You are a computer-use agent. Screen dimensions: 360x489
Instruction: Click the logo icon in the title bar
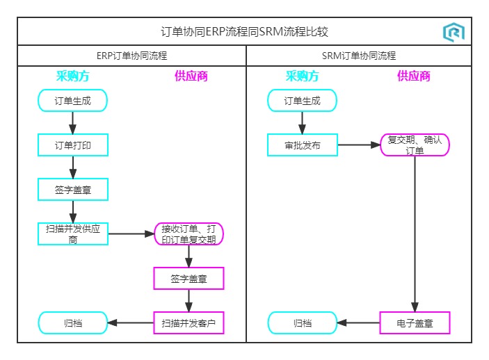point(454,32)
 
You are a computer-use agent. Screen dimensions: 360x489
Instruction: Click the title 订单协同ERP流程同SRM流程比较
point(244,32)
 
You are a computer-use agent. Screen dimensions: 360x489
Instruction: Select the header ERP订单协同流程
point(131,56)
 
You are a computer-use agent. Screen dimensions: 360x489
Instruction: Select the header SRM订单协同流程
point(359,56)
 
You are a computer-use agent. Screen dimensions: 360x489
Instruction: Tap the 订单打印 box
point(73,145)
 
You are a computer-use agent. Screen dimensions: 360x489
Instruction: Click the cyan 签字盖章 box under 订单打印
point(73,189)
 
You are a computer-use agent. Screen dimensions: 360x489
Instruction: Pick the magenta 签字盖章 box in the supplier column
point(189,279)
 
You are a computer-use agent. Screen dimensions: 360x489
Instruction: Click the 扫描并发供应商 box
point(73,234)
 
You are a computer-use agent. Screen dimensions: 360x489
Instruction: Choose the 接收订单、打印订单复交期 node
point(189,234)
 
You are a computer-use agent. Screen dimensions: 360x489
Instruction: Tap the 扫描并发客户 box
point(189,323)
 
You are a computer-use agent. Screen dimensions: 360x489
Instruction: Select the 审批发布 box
point(303,145)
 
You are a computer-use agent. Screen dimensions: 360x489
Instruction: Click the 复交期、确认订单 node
point(415,145)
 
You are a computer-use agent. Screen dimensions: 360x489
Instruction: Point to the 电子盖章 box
point(415,323)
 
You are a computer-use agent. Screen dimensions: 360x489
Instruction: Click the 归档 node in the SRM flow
point(303,323)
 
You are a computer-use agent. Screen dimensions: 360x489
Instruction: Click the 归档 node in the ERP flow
point(73,323)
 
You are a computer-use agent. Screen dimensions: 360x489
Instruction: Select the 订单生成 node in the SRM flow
point(303,101)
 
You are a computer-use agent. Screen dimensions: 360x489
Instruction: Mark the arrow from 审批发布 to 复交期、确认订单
point(358,145)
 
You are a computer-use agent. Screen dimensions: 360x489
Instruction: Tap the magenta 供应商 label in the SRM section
point(414,76)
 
